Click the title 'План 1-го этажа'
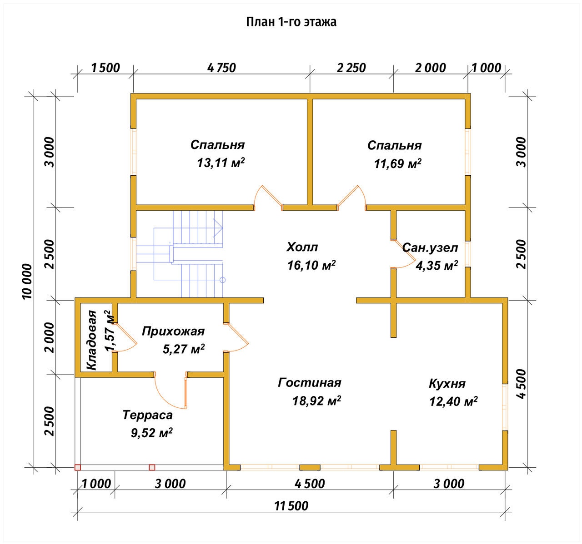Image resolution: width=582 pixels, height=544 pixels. pos(291,22)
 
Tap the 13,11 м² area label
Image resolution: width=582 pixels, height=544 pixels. pos(221,163)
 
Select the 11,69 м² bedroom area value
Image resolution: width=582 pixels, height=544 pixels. pos(398,163)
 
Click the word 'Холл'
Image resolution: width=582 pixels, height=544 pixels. pos(302,247)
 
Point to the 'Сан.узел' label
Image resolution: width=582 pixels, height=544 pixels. pos(430,248)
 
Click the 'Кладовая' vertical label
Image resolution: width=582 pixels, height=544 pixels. pos(92,340)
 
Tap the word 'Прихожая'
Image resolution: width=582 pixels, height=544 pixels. pos(173,331)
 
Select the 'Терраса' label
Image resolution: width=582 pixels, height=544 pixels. pos(147,415)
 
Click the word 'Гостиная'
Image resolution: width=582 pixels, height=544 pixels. pos(310,383)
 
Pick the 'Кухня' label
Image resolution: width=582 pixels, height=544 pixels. pos(447,384)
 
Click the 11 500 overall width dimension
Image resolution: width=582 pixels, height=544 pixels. pos(291,506)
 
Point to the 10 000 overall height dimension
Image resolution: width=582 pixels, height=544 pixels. pos(27,282)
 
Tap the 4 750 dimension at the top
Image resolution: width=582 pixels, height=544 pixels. pos(221,68)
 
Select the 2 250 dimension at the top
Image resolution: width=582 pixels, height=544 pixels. pos(351,68)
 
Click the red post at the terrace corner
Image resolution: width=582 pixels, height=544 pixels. pos(78,467)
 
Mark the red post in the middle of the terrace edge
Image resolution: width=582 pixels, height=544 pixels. pos(152,467)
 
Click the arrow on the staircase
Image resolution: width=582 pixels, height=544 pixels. pos(218,228)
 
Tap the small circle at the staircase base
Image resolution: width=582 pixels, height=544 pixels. pos(222,280)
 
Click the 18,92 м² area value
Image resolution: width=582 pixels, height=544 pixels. pos(317,401)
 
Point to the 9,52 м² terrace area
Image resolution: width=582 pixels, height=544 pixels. pos(151,433)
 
